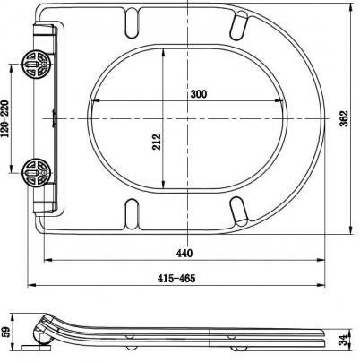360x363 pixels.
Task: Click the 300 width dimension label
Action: click(199, 94)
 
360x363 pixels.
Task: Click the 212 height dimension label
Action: click(157, 142)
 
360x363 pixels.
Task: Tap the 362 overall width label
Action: click(344, 118)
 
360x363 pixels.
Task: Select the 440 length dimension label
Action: click(184, 254)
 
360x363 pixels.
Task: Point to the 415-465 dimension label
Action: click(176, 279)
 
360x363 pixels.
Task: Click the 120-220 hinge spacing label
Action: click(5, 118)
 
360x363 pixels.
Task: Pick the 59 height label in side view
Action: click(6, 332)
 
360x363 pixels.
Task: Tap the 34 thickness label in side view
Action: click(344, 339)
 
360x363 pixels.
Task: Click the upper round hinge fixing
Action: click(37, 65)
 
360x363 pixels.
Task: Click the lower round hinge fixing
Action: click(37, 173)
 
